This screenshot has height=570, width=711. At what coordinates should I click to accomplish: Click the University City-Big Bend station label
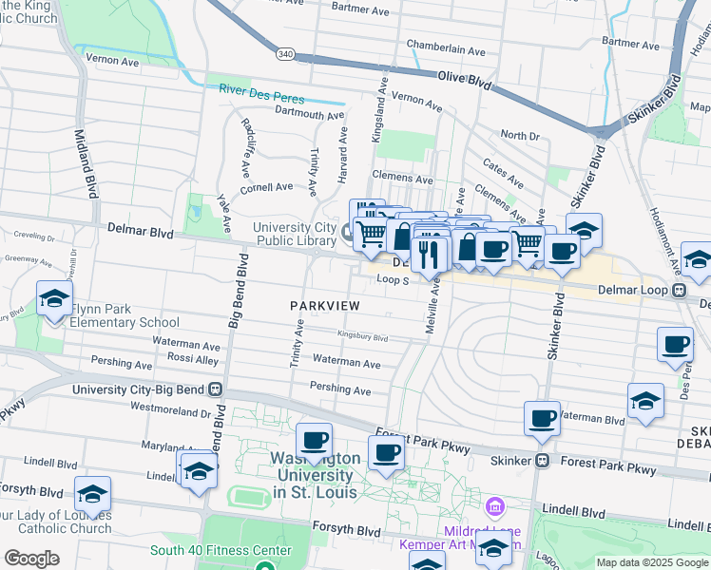147,389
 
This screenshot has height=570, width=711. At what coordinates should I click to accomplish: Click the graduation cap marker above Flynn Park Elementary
54,298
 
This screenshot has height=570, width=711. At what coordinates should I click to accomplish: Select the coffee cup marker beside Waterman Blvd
543,418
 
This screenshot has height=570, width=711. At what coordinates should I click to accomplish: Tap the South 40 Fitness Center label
221,550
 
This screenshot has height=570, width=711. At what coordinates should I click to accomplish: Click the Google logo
32,558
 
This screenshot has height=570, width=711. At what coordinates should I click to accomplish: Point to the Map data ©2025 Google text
652,562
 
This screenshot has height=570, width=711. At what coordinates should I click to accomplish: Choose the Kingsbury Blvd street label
364,336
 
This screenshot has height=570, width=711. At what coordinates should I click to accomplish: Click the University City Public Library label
294,234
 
